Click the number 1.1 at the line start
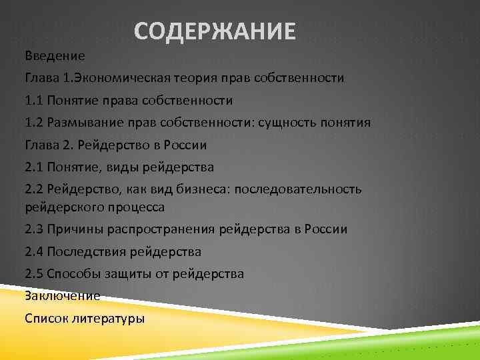[x=33, y=101]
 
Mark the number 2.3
[x=33, y=229]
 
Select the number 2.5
[x=33, y=273]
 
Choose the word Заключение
[x=62, y=295]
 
